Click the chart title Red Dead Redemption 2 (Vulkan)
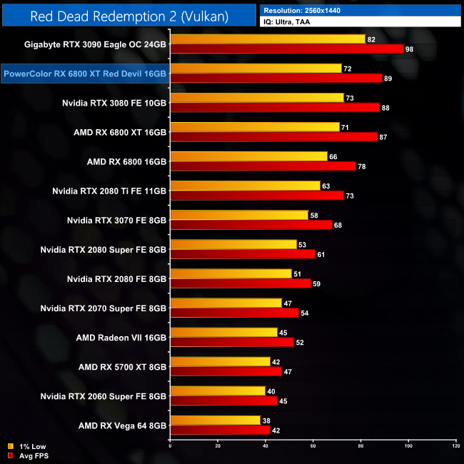[128, 16]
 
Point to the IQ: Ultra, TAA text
[292, 22]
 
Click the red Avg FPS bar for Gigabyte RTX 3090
[286, 49]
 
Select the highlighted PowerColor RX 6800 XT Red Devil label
[85, 73]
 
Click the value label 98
[409, 49]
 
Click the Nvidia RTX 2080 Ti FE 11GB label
[109, 191]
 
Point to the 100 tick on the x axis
[408, 446]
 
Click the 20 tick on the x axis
[218, 446]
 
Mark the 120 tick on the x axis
[455, 446]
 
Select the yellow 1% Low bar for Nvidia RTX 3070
[239, 215]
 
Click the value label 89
[388, 79]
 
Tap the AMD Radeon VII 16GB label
[121, 338]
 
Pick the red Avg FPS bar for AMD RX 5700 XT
[226, 371]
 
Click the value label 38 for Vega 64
[266, 420]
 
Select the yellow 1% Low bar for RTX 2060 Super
[217, 390]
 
